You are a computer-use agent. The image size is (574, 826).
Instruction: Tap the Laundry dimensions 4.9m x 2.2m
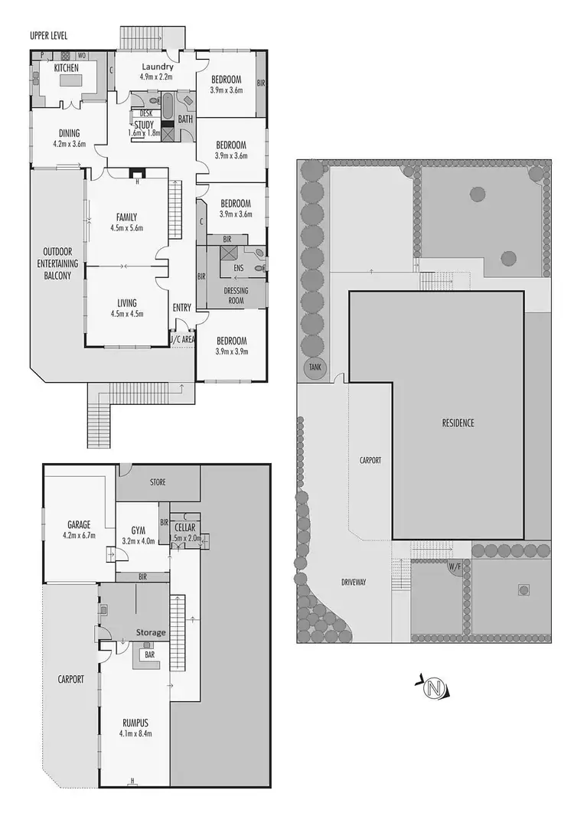[x=156, y=77]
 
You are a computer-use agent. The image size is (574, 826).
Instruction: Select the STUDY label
[x=144, y=124]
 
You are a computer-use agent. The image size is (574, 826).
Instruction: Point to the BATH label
[x=185, y=119]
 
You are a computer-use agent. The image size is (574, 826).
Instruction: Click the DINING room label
[x=69, y=133]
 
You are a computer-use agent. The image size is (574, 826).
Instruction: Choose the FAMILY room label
[x=126, y=217]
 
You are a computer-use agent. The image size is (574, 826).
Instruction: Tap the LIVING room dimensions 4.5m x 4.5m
[x=126, y=313]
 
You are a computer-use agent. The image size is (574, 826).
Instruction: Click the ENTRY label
[x=181, y=308]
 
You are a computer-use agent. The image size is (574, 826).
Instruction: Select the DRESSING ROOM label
[x=235, y=295]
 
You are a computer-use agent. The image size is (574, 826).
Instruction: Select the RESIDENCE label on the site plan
[x=458, y=423]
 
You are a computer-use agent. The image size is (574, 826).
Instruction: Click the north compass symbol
[x=435, y=688]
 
